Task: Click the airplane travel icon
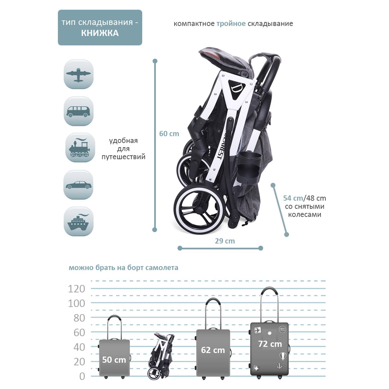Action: [x=79, y=74]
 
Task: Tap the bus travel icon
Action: [x=79, y=111]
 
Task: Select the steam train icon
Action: [x=79, y=148]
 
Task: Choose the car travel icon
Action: [x=79, y=185]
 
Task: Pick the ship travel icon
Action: [x=79, y=222]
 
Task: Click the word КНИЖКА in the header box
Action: [x=100, y=33]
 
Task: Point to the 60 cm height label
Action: [x=169, y=134]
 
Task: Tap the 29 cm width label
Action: [x=225, y=241]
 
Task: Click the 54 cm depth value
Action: [x=293, y=198]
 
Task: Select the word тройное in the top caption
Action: [x=231, y=24]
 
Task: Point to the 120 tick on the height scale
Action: [x=77, y=289]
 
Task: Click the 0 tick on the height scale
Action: [x=82, y=376]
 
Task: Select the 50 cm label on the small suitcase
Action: [x=114, y=360]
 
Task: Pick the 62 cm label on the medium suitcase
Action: [x=213, y=350]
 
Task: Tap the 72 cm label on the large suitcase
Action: [x=270, y=344]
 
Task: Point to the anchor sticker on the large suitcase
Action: [x=280, y=366]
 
